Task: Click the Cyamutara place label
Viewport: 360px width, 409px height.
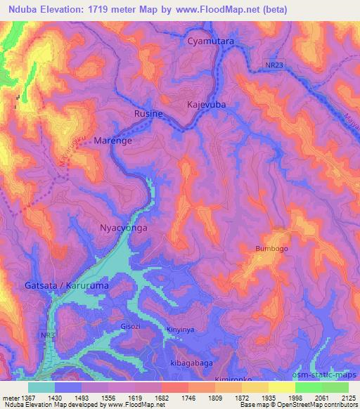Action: (211, 42)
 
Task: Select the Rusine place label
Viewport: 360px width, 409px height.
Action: (148, 114)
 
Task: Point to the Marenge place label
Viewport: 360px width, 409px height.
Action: (113, 140)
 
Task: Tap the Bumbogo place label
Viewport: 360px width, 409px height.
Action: (271, 249)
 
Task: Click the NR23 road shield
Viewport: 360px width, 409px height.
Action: (276, 64)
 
